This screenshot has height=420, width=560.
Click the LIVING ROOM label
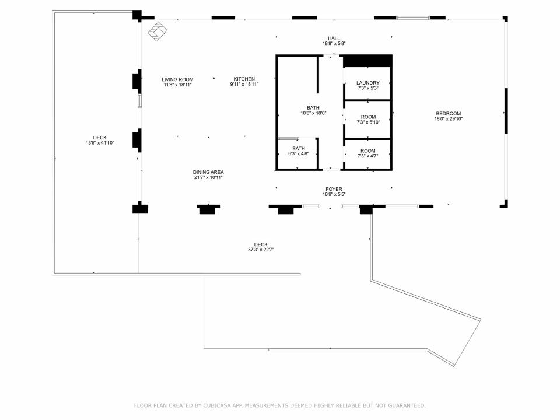(177, 80)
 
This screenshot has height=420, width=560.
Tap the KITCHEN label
(244, 79)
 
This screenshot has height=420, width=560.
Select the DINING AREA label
(208, 172)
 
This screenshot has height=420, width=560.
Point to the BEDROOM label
(448, 114)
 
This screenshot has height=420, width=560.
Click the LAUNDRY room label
(368, 83)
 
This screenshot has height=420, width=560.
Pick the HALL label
(334, 38)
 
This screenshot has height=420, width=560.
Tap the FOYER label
(334, 189)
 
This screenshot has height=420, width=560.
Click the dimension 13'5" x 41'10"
(100, 143)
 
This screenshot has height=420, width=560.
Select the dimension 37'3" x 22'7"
(261, 250)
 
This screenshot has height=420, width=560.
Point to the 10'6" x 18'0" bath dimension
(313, 113)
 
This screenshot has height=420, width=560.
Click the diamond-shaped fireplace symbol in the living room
(158, 32)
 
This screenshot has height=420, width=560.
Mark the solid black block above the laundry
(367, 61)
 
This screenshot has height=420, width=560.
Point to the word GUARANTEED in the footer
(407, 405)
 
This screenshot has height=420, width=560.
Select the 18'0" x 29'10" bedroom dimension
(448, 119)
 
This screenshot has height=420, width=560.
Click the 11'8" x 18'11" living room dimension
(177, 85)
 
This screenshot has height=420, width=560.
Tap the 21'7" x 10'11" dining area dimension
(208, 177)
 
